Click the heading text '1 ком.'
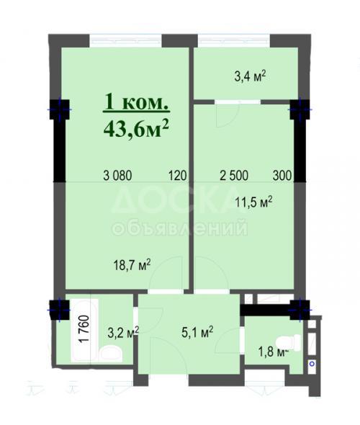[x=137, y=102]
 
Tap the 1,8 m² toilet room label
[x=274, y=352]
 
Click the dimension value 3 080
[x=118, y=174]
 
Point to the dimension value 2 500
[x=235, y=174]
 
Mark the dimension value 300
[x=283, y=174]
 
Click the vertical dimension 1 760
[x=81, y=331]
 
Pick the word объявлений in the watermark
[x=180, y=228]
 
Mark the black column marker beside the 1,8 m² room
[x=299, y=308]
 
